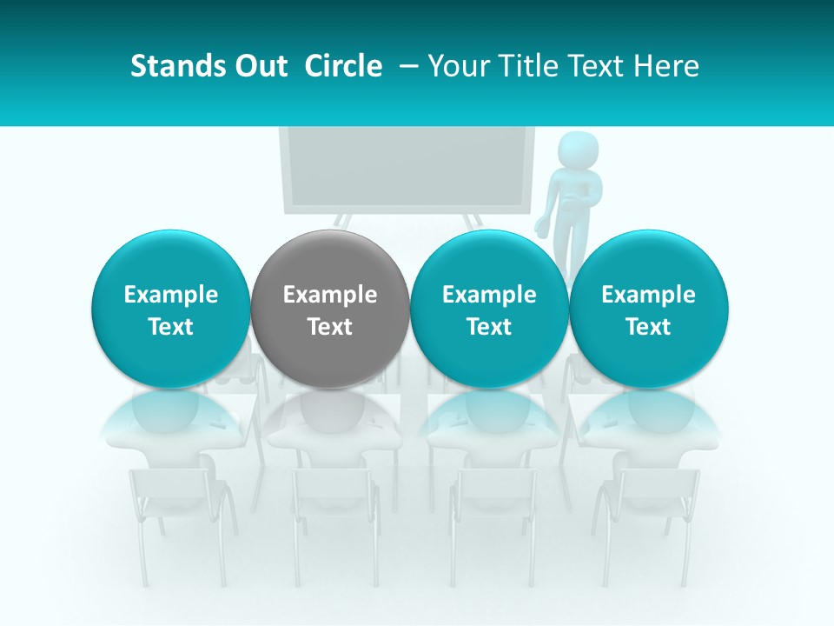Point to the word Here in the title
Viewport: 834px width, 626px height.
point(666,66)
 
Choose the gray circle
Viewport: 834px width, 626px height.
point(330,309)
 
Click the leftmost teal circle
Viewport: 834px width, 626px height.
point(171,309)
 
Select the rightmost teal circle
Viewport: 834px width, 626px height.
point(648,309)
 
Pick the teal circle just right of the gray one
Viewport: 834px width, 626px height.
point(489,309)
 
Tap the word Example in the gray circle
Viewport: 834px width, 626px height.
point(330,295)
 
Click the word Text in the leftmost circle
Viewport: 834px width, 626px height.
point(171,327)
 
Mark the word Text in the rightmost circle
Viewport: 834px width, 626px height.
point(648,327)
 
